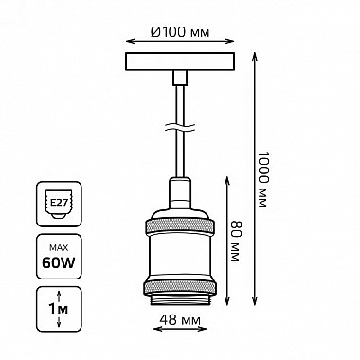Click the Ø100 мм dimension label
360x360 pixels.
click(180, 32)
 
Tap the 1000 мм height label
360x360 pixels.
click(262, 179)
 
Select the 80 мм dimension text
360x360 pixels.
click(235, 241)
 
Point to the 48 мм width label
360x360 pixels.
click(180, 320)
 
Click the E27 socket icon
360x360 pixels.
click(59, 204)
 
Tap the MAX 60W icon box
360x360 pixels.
click(59, 257)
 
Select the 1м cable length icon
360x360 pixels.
click(59, 309)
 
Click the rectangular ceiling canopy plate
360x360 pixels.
click(180, 62)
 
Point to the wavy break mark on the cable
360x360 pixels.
click(180, 127)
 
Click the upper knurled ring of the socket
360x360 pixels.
click(180, 226)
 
